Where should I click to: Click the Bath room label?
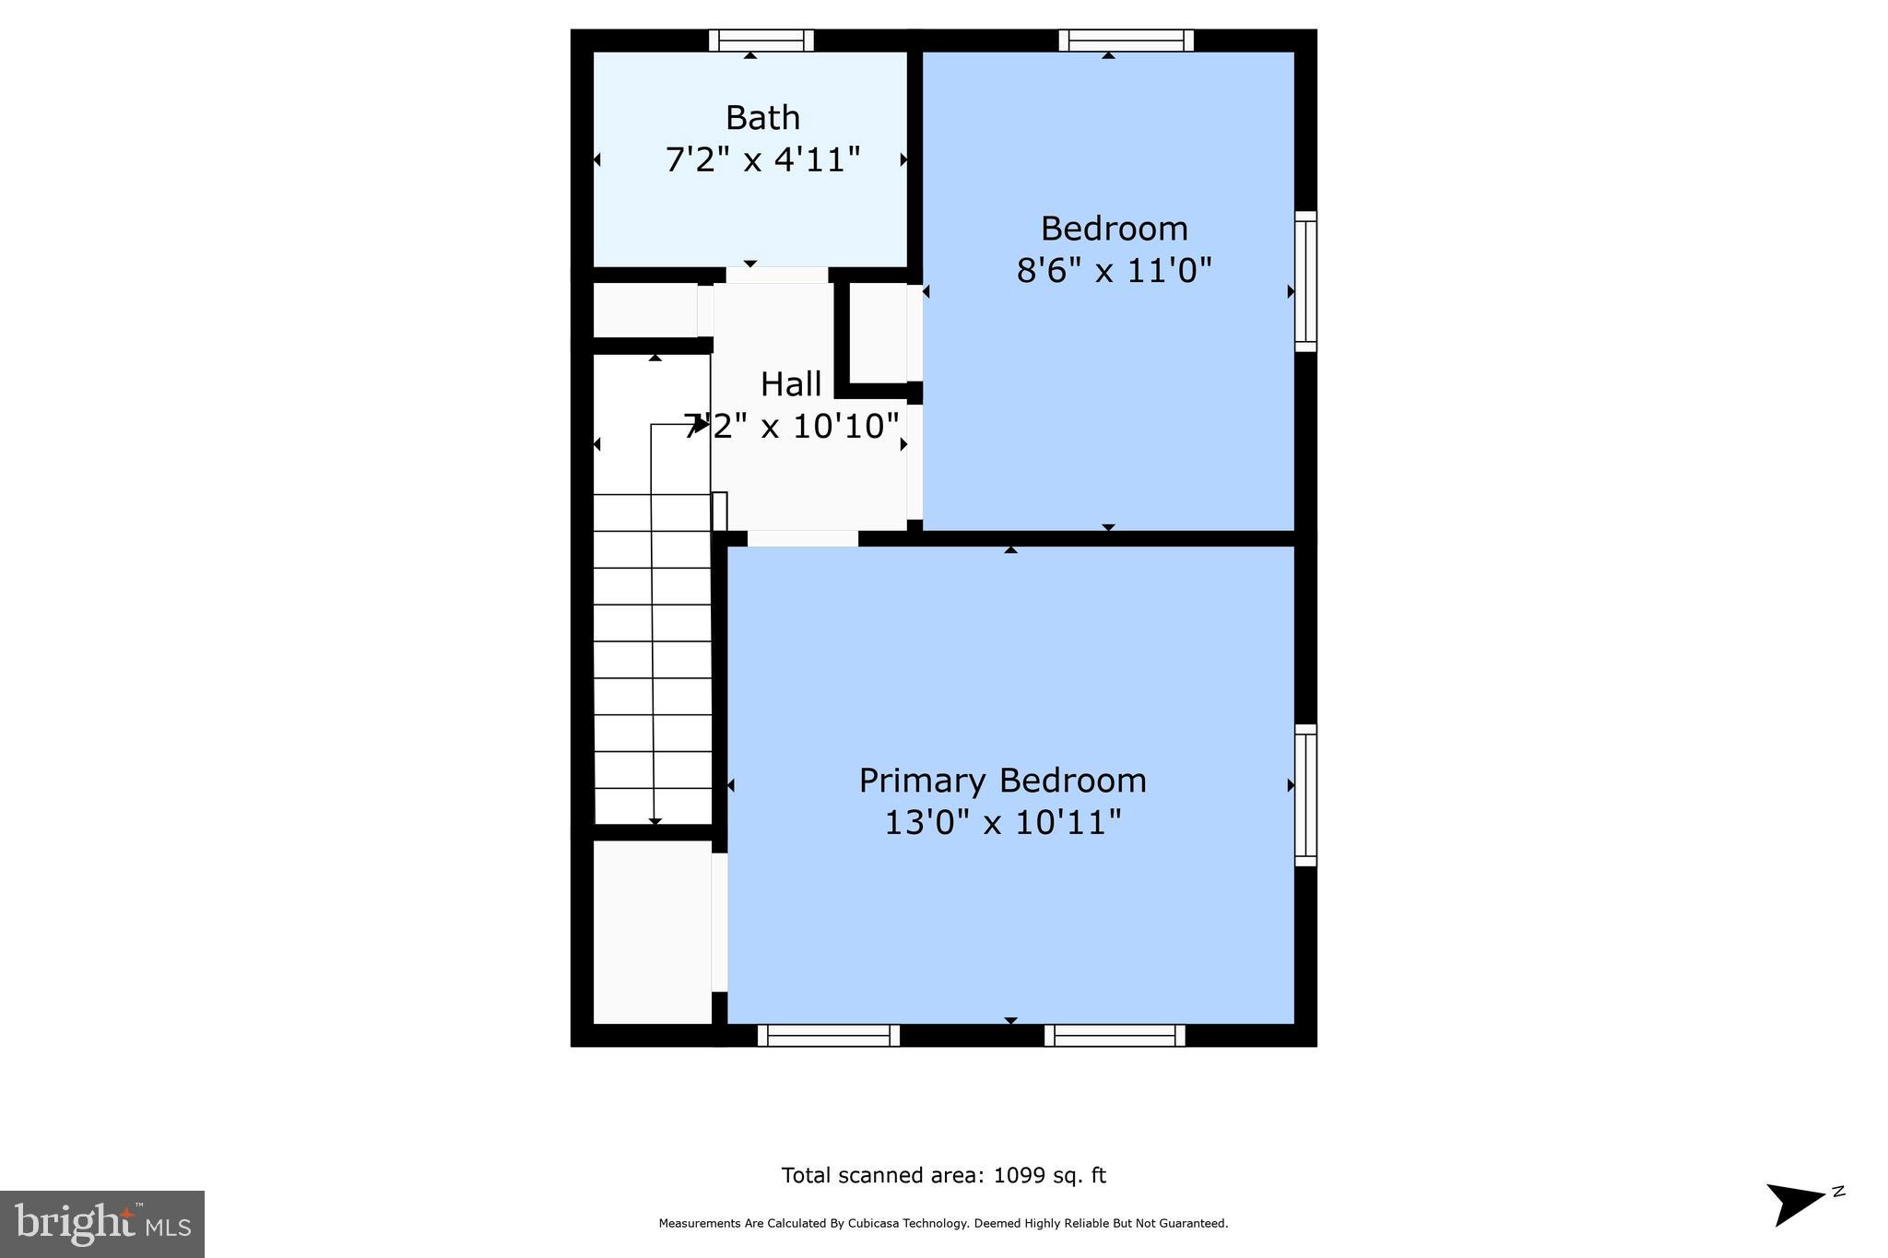(x=762, y=118)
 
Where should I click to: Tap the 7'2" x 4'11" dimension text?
(x=762, y=160)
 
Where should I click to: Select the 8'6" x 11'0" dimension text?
(x=1114, y=271)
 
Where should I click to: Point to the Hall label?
(x=791, y=383)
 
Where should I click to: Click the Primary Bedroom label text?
(x=1002, y=781)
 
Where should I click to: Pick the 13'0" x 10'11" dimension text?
(x=1002, y=822)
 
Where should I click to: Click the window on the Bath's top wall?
(x=761, y=41)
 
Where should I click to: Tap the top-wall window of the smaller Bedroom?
(x=1126, y=41)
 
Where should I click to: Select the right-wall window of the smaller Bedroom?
(x=1305, y=281)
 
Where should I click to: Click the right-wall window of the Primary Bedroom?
(x=1305, y=794)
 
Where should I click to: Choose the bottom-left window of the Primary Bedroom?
(x=828, y=1036)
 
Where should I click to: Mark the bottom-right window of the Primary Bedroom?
(x=1115, y=1036)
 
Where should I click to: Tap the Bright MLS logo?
(x=102, y=1224)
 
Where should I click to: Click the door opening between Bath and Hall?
(x=776, y=275)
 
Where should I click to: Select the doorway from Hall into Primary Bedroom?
(x=802, y=538)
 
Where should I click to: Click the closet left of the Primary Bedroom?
(x=652, y=931)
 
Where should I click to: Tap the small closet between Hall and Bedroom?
(x=878, y=332)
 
